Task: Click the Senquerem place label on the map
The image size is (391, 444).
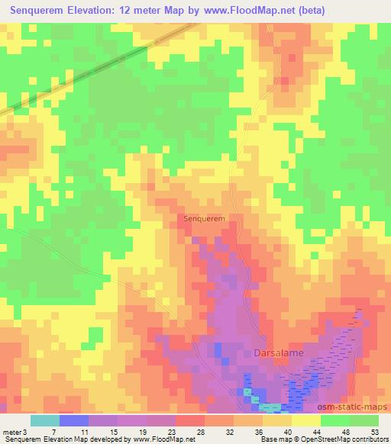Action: point(204,218)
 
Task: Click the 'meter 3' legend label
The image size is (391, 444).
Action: point(12,431)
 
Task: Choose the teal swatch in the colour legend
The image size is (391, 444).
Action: point(44,420)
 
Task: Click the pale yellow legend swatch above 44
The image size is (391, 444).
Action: point(305,420)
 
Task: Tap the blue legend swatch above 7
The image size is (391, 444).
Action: point(74,420)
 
